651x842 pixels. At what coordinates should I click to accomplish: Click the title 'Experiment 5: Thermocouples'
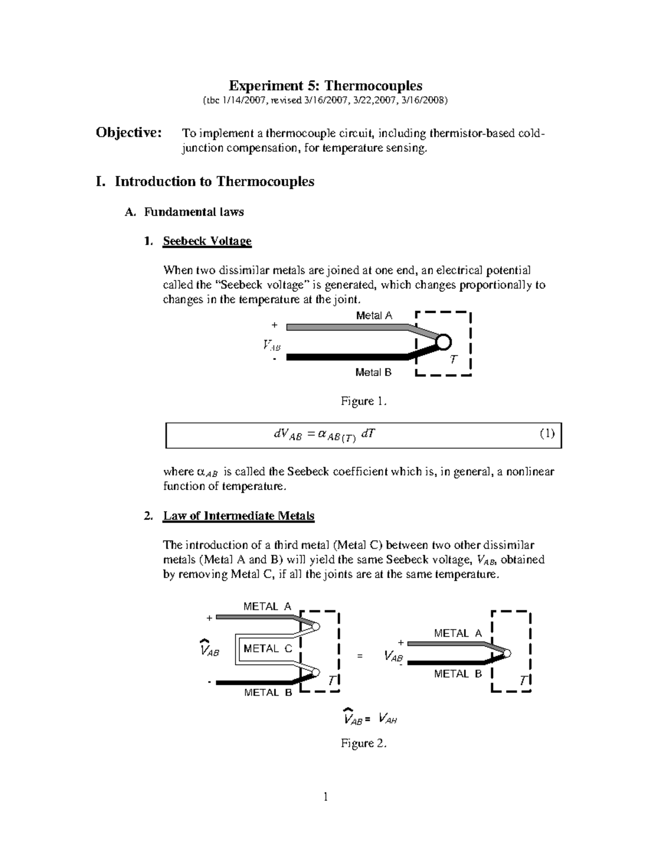pos(325,86)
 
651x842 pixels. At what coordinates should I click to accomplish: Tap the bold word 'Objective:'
pos(129,133)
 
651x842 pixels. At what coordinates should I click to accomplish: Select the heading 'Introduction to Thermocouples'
pos(214,181)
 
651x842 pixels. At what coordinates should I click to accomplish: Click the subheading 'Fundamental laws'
pos(194,212)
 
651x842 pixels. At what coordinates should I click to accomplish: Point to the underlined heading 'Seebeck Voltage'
pos(207,241)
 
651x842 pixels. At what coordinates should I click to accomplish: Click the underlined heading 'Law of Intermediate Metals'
pos(239,516)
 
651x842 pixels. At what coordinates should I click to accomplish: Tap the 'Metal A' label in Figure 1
pos(374,316)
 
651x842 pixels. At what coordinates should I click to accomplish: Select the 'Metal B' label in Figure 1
pos(373,372)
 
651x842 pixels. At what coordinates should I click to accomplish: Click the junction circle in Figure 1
pos(443,342)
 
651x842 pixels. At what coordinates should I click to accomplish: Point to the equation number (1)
pos(547,433)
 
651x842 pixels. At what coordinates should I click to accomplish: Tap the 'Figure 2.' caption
pos(363,743)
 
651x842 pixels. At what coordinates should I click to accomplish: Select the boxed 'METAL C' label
pos(267,648)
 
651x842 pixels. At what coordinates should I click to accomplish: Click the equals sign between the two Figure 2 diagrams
pos(359,657)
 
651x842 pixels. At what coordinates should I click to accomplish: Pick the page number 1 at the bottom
pos(325,796)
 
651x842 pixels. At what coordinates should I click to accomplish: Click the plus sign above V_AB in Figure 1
pos(275,325)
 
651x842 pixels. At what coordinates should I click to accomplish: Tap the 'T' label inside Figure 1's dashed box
pos(454,360)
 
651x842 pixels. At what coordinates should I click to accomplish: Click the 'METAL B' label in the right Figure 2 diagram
pos(458,674)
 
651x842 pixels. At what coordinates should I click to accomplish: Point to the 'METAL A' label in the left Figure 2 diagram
pos(267,607)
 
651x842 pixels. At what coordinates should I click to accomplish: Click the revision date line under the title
pos(325,100)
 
